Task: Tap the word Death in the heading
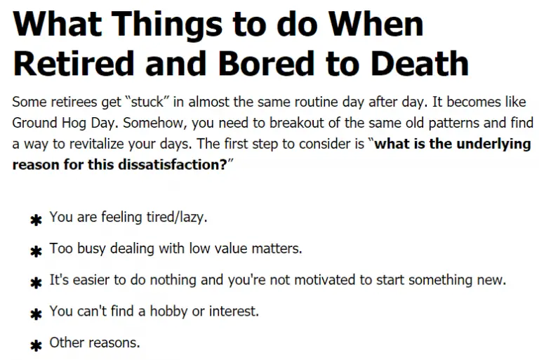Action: (x=420, y=64)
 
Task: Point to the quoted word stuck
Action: (x=147, y=102)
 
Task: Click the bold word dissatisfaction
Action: (x=172, y=165)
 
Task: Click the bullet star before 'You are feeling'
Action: (x=36, y=220)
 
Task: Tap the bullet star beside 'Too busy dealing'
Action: (x=36, y=252)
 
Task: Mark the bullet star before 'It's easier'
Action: (x=36, y=283)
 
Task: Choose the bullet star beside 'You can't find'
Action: (x=36, y=314)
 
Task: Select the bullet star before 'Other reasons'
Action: (x=36, y=345)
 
